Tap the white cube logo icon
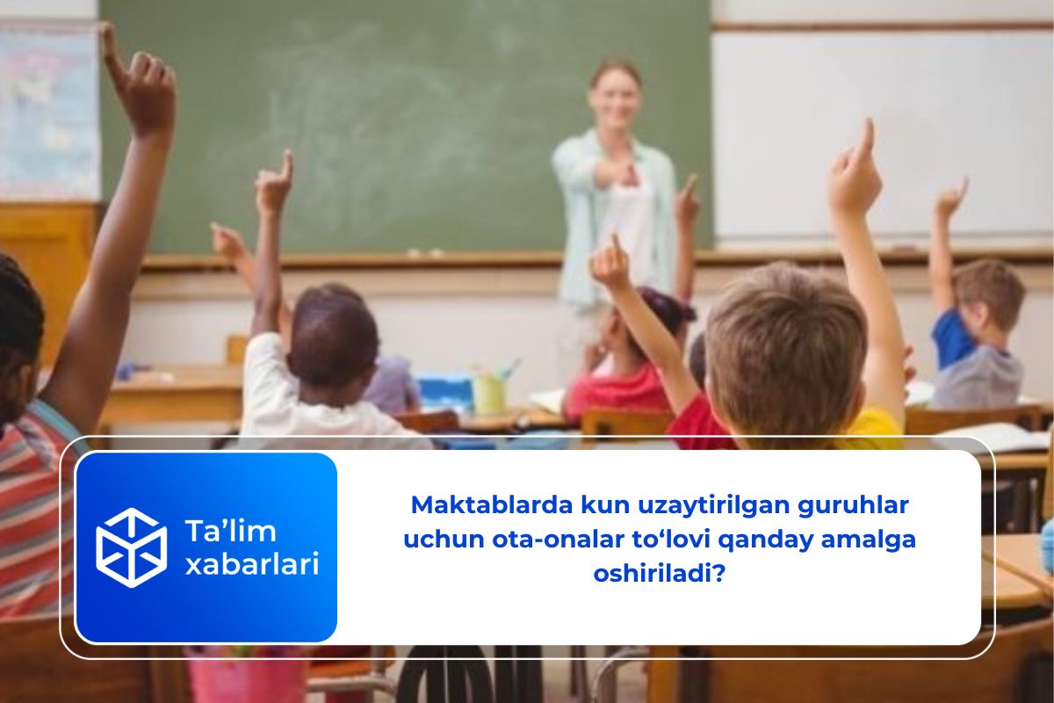point(131,547)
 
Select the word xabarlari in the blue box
point(251,563)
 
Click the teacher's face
point(615,95)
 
